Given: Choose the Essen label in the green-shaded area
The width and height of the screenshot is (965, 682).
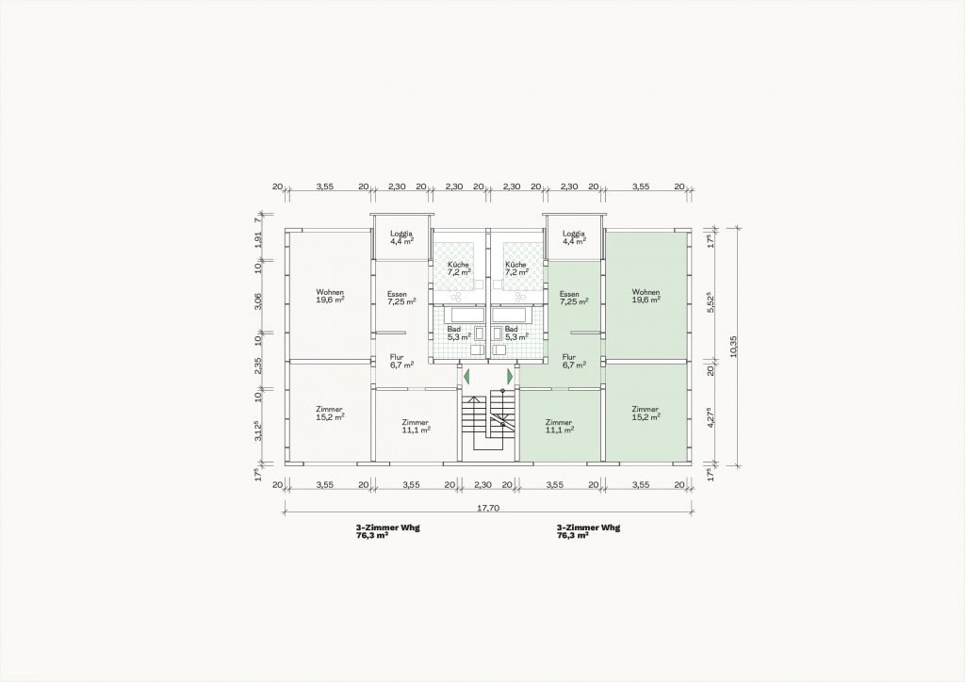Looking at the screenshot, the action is [569, 294].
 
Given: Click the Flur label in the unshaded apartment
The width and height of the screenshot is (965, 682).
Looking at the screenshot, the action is [397, 357].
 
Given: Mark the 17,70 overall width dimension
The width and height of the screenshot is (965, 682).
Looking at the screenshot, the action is [487, 508].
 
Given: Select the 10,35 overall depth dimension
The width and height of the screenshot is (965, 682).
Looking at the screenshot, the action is [732, 347].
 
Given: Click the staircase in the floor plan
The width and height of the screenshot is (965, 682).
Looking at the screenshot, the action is [487, 424].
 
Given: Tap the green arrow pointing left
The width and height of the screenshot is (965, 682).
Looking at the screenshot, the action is [467, 375].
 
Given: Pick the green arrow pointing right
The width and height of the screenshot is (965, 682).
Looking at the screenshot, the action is [510, 375].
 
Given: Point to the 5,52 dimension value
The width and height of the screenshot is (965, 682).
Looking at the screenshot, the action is [711, 302].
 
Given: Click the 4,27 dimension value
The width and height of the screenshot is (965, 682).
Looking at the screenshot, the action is [711, 417].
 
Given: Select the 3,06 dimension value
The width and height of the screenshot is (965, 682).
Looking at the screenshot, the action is [258, 300].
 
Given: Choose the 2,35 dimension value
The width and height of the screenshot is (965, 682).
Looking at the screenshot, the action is [258, 365].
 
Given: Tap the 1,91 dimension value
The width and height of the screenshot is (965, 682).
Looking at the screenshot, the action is [258, 238].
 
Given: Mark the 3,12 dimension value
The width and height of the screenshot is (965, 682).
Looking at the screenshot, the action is [259, 430].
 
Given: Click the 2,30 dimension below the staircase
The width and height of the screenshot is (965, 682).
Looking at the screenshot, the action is [483, 484].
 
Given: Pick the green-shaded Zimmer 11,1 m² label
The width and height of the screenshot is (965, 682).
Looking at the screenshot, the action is [560, 426].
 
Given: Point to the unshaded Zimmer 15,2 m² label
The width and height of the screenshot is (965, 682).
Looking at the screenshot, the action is [330, 413].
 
